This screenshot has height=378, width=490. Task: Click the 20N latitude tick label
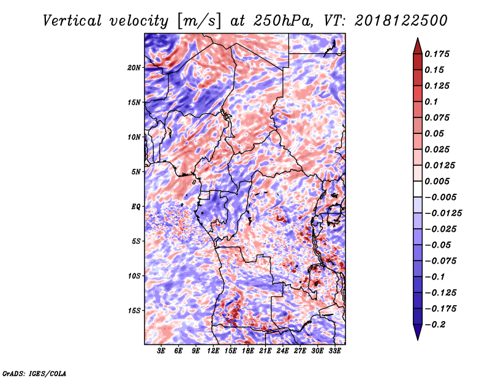click(x=134, y=68)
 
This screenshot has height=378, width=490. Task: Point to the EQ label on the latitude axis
click(x=135, y=207)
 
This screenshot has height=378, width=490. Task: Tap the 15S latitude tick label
click(x=134, y=311)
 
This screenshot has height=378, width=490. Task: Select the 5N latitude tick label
click(x=136, y=172)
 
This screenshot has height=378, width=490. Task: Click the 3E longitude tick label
click(x=161, y=351)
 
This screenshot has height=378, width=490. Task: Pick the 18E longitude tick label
click(x=248, y=351)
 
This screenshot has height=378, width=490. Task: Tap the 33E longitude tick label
click(x=334, y=351)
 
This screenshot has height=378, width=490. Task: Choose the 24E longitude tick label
click(x=282, y=351)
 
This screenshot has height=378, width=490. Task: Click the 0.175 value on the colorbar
click(x=437, y=54)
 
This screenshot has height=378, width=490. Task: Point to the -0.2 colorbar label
click(x=435, y=325)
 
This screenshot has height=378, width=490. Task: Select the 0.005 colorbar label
click(x=437, y=181)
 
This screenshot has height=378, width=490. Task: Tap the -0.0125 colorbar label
click(x=443, y=213)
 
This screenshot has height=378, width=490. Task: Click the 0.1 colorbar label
click(x=431, y=102)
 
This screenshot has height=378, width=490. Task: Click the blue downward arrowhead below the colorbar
click(x=418, y=332)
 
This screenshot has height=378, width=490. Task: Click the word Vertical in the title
click(x=72, y=21)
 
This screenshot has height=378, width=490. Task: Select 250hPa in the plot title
click(x=282, y=21)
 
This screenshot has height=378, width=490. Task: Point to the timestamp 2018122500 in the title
click(x=401, y=21)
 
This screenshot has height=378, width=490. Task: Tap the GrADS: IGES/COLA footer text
click(x=34, y=373)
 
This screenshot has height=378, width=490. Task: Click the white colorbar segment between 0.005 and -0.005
click(x=418, y=189)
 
